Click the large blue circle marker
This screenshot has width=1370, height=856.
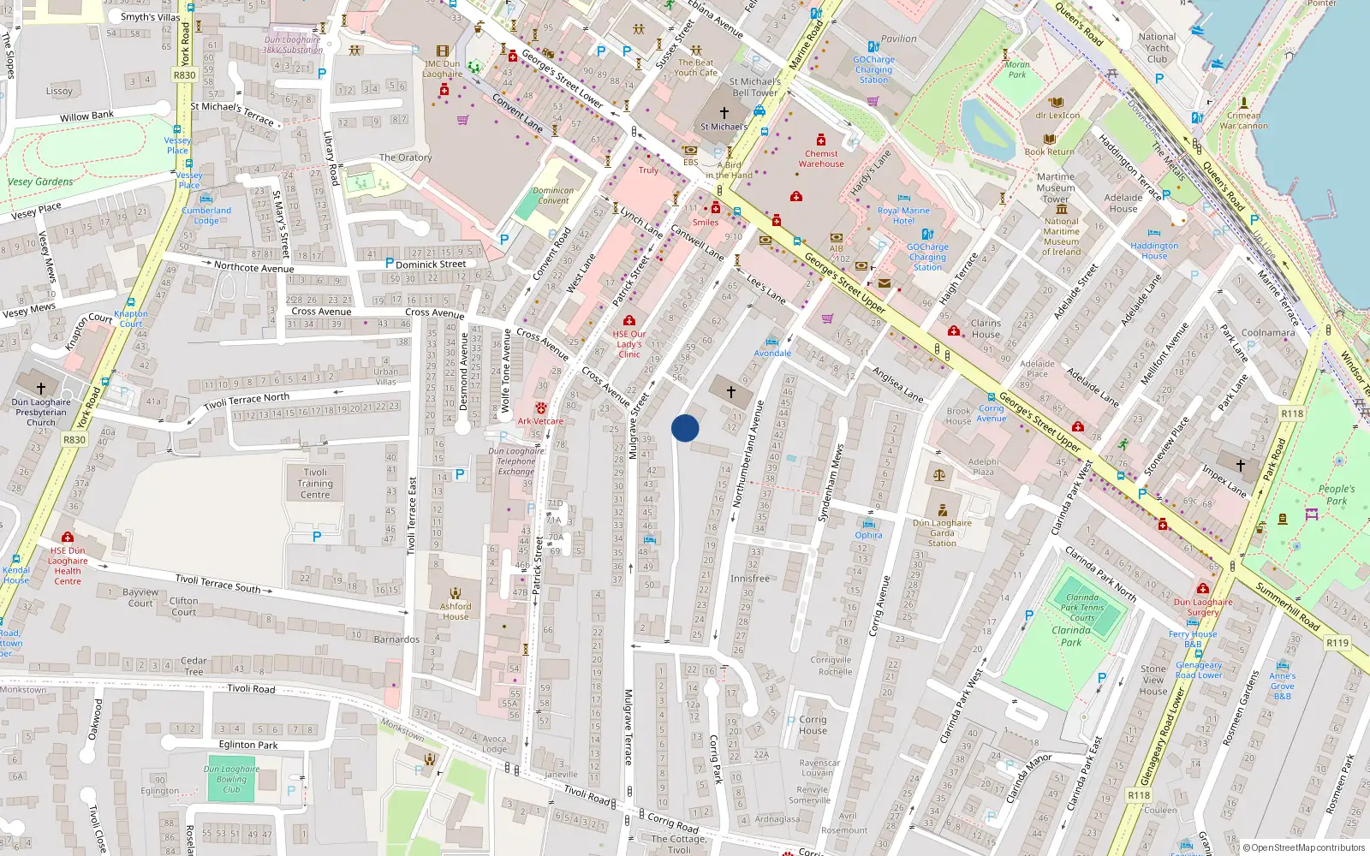(685, 428)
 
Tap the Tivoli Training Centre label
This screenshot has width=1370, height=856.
(315, 484)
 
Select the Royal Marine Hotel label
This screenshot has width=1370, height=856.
(903, 215)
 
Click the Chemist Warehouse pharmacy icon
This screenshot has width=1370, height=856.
(821, 140)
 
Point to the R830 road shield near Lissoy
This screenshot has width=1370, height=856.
(184, 75)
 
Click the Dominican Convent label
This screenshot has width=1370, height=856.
(553, 196)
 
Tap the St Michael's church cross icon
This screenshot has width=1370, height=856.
(724, 113)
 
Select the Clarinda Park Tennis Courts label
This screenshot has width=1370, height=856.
(1082, 608)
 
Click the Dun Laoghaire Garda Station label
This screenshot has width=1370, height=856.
(942, 532)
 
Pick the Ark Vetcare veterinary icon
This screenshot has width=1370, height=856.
(541, 408)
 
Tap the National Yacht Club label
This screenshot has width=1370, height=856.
(1157, 48)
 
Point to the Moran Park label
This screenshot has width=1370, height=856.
(1017, 69)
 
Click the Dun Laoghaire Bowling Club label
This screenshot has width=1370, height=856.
(231, 779)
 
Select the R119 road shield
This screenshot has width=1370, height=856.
(1337, 643)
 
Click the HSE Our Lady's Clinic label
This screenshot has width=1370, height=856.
(629, 344)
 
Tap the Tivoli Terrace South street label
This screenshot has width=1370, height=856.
(217, 583)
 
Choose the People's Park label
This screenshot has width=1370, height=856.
(1337, 495)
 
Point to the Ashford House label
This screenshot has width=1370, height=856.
(456, 611)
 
